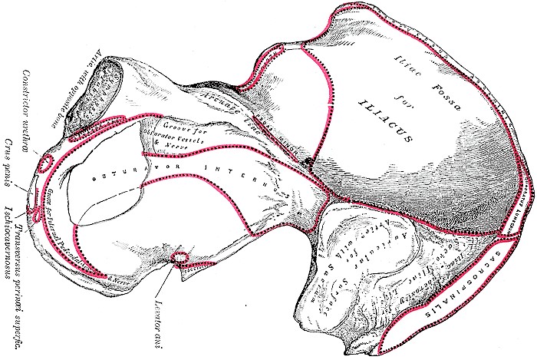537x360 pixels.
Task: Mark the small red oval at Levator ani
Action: [x=181, y=256]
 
